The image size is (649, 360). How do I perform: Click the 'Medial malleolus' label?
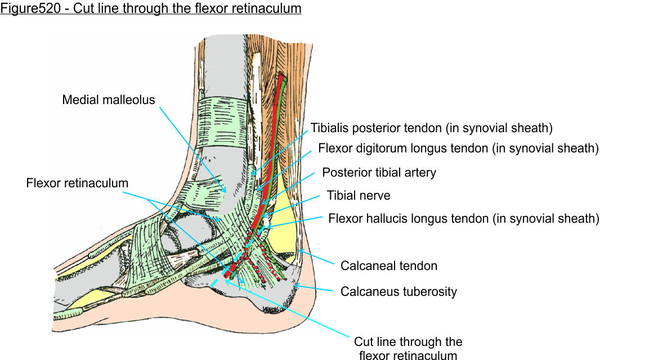click(x=108, y=100)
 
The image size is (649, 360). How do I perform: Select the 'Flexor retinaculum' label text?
click(x=77, y=183)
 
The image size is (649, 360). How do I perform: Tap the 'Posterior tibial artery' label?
click(x=379, y=172)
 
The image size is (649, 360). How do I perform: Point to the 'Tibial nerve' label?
click(x=359, y=195)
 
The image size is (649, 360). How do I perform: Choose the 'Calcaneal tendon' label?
click(x=389, y=265)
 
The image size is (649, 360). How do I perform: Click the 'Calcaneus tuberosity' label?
click(x=399, y=291)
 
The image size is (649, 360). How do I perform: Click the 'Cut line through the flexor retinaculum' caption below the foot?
click(x=408, y=348)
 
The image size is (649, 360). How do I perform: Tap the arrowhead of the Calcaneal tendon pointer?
click(x=298, y=252)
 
